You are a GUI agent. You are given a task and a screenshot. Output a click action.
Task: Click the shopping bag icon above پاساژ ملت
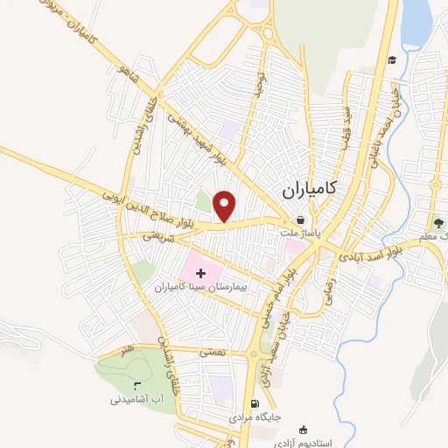(x=302, y=220)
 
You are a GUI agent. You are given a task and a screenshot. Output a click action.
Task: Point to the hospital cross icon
(x=201, y=274)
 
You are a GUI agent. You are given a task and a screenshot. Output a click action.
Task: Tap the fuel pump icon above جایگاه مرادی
(x=255, y=404)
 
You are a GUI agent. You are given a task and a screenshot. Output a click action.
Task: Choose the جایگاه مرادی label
(x=254, y=418)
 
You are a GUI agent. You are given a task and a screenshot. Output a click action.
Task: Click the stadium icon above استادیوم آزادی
(x=303, y=430)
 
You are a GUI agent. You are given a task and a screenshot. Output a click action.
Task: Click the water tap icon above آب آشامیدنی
(x=136, y=386)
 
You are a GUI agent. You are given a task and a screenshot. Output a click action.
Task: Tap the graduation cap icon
(x=393, y=59)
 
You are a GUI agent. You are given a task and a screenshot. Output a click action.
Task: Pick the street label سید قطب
(x=347, y=123)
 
